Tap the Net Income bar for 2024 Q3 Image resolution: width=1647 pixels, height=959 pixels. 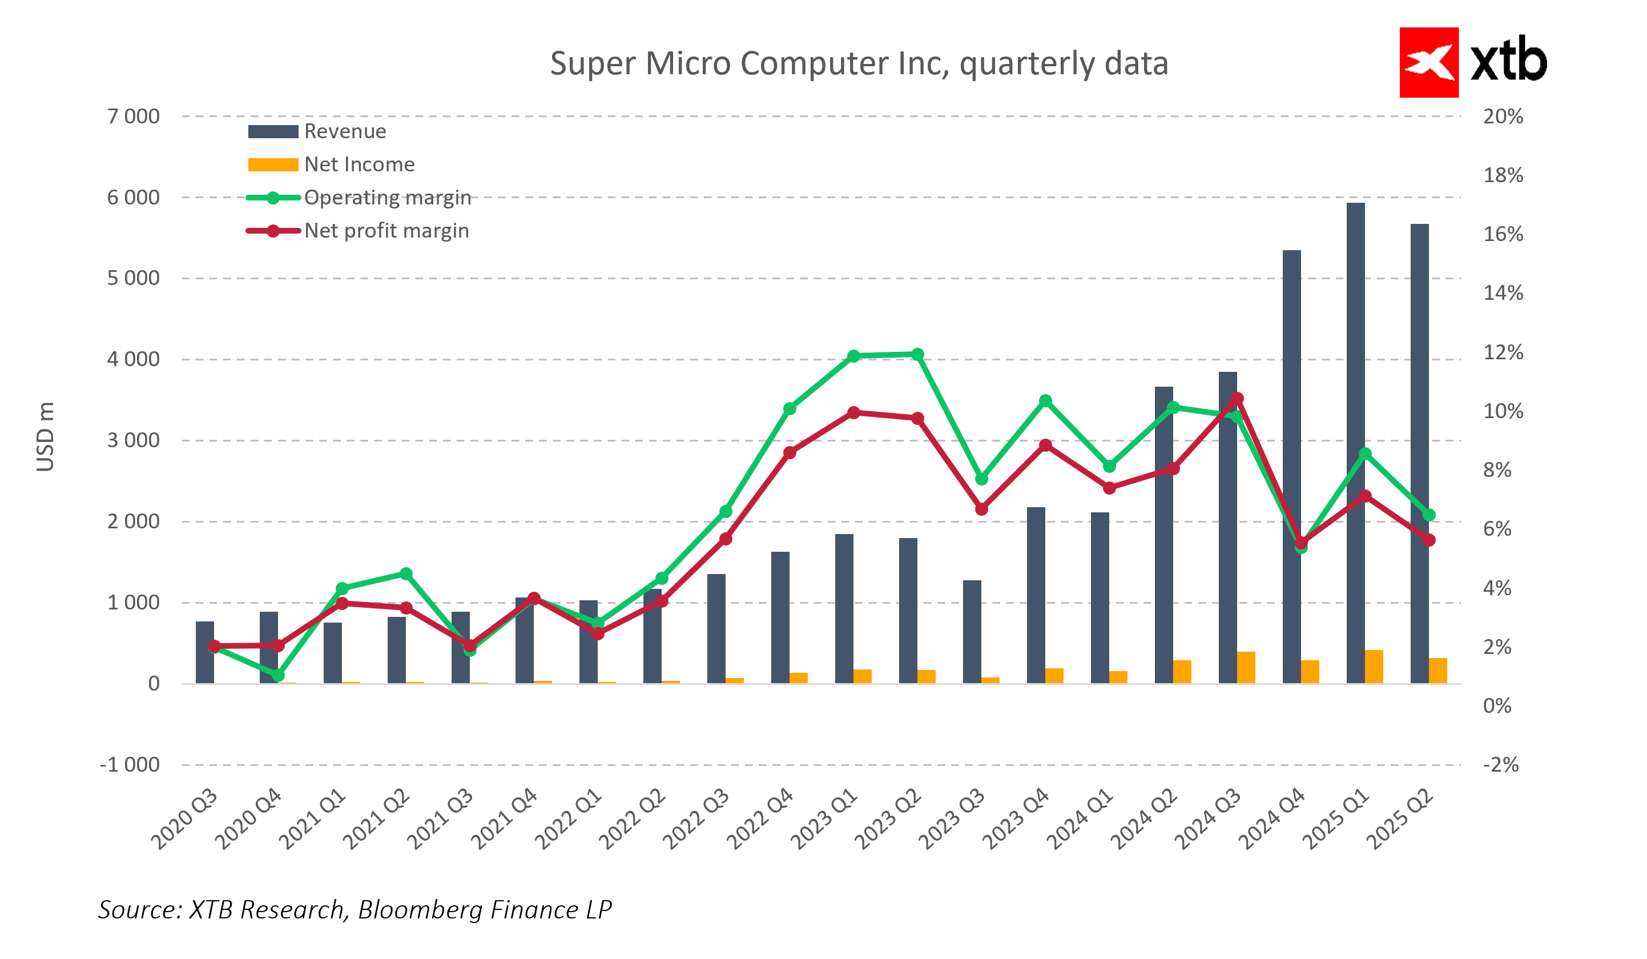click(x=1245, y=668)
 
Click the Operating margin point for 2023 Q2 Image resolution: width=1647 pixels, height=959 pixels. click(x=917, y=354)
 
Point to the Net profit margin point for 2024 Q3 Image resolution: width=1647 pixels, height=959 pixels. click(x=1237, y=398)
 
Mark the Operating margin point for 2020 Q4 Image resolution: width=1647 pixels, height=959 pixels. click(x=278, y=675)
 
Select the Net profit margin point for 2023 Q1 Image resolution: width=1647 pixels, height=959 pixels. click(x=853, y=412)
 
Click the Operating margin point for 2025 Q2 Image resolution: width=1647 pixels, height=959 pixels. click(x=1429, y=515)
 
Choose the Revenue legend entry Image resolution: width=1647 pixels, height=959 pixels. click(x=344, y=131)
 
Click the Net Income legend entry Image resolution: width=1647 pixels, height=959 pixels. click(x=359, y=164)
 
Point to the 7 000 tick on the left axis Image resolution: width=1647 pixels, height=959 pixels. click(x=134, y=117)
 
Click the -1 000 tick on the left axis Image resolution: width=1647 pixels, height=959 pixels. click(x=130, y=765)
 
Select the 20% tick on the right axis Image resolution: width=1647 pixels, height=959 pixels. click(x=1503, y=117)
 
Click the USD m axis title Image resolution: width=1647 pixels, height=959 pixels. click(x=45, y=437)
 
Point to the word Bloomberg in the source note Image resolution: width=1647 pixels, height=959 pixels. click(x=420, y=910)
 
